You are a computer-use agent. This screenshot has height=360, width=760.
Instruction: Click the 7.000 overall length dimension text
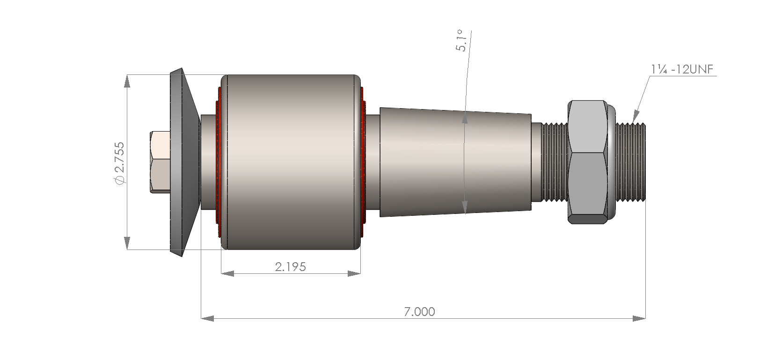coord(419,311)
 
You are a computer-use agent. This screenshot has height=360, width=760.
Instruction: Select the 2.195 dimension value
coord(290,267)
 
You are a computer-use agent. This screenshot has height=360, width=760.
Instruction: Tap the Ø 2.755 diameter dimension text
coord(120,162)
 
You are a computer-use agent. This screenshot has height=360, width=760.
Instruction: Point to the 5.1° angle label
coord(462,41)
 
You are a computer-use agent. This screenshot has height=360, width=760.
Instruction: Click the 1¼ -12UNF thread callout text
coord(682,69)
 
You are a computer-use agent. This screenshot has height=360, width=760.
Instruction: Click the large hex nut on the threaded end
coord(588,162)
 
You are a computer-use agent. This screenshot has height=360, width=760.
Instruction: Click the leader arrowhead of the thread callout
coord(636,116)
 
